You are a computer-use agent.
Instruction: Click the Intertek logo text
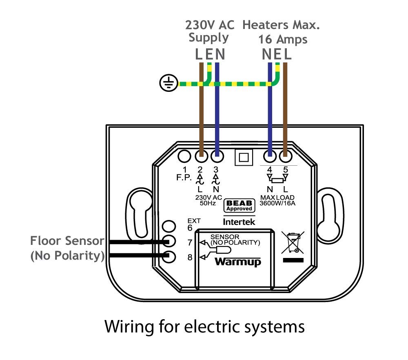[x=239, y=222]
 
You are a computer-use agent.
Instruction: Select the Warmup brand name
[x=238, y=262]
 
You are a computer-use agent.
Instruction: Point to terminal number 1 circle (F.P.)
[x=185, y=156]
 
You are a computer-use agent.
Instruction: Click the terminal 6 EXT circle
[x=169, y=226]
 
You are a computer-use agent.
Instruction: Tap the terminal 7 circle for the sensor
[x=169, y=241]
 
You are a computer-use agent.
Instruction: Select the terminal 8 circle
[x=169, y=257]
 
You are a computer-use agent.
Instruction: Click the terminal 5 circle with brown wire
[x=285, y=156]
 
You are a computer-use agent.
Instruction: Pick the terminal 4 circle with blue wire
[x=269, y=156]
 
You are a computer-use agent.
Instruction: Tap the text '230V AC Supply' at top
[x=210, y=31]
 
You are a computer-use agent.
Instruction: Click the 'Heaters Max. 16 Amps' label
[x=282, y=32]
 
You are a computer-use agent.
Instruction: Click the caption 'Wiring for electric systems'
[x=204, y=327]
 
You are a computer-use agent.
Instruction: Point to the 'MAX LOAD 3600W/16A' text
[x=277, y=200]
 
